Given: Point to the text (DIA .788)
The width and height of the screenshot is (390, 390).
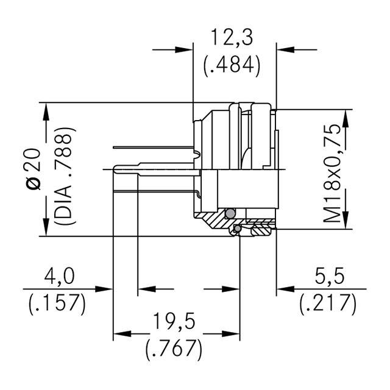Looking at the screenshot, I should tap(63, 176).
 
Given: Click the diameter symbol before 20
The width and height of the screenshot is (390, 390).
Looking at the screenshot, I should tap(34, 182).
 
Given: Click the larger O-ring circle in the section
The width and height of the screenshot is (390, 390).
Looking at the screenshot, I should tap(229, 213).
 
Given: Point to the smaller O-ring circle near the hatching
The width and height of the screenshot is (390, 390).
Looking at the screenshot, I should tap(237, 229).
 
